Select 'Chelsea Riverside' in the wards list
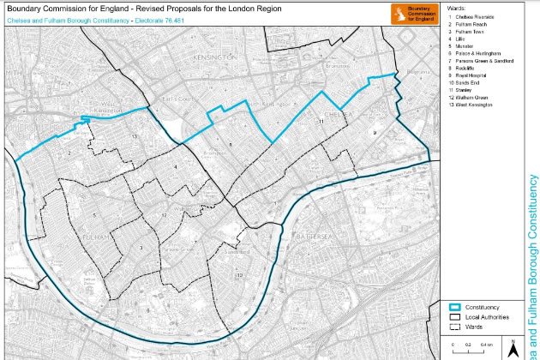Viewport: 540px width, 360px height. (x=474, y=16)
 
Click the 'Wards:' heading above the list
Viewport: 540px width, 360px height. (x=456, y=6)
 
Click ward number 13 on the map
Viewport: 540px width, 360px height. (x=134, y=136)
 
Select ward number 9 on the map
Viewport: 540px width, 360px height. (x=375, y=134)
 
